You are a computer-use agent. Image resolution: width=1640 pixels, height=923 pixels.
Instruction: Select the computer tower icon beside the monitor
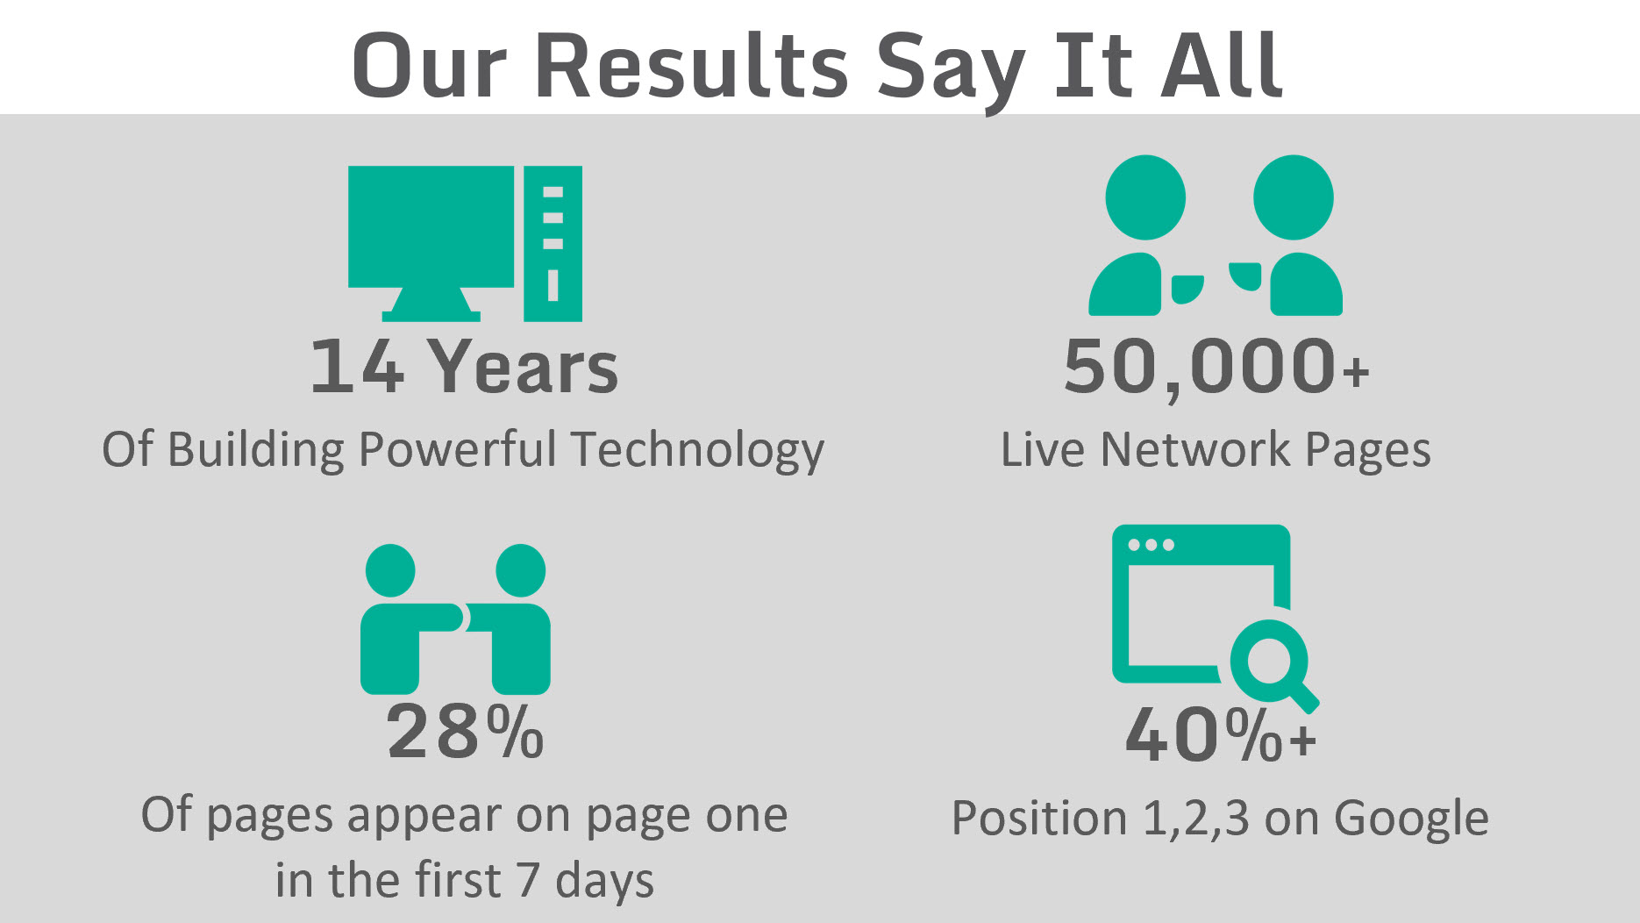tap(553, 243)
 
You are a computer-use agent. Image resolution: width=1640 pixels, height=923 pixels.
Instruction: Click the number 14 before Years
tap(357, 366)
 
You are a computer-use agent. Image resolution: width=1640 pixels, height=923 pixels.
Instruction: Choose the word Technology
tap(697, 451)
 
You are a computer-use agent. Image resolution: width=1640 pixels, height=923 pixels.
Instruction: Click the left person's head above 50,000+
tap(1145, 197)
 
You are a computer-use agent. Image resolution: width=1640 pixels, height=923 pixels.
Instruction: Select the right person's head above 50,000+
tap(1294, 197)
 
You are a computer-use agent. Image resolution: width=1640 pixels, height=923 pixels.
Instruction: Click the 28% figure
tap(465, 732)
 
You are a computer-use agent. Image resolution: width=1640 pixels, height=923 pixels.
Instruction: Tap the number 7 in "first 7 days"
tap(527, 880)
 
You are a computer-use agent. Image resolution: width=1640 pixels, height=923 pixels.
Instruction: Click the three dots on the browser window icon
tap(1151, 545)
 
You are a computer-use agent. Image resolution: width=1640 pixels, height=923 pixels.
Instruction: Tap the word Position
tap(1039, 819)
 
